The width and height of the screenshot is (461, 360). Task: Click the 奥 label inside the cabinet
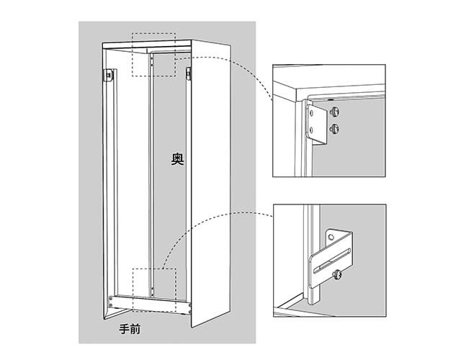[x=178, y=159]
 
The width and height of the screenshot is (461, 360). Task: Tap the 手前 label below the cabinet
[x=130, y=329]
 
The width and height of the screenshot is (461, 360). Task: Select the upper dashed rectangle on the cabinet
[x=153, y=55]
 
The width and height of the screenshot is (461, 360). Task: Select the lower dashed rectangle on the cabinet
[x=154, y=289]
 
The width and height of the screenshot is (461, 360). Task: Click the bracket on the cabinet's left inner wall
[x=109, y=75]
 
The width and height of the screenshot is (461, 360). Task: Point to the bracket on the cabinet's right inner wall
[x=188, y=73]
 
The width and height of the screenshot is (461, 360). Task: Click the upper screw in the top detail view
[x=334, y=112]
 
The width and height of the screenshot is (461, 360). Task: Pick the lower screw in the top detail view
[x=334, y=128]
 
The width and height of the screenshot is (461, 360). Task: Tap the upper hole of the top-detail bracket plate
[x=311, y=112]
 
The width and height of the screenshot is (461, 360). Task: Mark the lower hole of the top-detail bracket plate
[x=311, y=129]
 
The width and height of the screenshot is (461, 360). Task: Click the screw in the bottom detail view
[x=337, y=275]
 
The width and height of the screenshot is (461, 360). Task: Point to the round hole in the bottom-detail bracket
[x=331, y=237]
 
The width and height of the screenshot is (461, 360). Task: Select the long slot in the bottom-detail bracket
[x=332, y=261]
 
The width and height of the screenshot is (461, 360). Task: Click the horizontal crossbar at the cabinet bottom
[x=150, y=305]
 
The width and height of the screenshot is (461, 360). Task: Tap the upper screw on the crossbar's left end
[x=111, y=299]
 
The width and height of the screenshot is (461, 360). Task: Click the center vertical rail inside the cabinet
[x=151, y=175]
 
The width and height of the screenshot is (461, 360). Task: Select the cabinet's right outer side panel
[x=211, y=184]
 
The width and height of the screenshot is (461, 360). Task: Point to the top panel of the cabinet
[x=147, y=45]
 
